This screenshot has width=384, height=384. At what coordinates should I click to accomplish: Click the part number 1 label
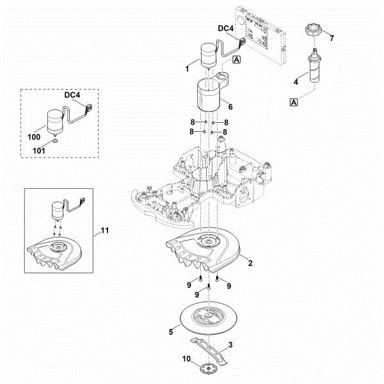(x=187, y=68)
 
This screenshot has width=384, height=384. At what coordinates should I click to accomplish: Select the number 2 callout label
(x=250, y=264)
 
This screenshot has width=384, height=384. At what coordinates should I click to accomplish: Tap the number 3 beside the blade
(x=231, y=345)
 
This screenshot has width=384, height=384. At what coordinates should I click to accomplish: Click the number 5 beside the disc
(x=171, y=332)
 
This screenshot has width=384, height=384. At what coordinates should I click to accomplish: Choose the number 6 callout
(x=230, y=108)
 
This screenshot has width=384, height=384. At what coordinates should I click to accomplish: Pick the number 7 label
(x=332, y=39)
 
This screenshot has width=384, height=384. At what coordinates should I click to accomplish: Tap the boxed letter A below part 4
(x=294, y=102)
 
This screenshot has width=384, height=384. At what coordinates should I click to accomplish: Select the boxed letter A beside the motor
(x=237, y=60)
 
